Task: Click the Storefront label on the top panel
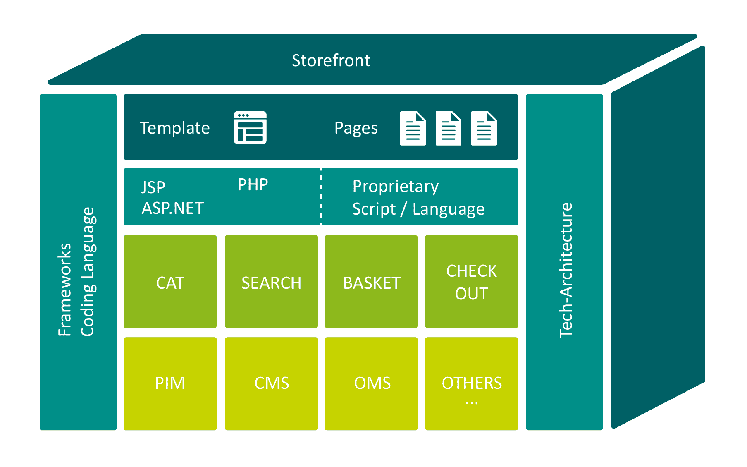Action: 331,60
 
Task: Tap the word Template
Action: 175,128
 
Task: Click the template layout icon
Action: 250,127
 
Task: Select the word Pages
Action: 356,128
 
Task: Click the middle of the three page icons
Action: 449,128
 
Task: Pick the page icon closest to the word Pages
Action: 413,128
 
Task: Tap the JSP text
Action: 153,187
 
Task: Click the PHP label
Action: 253,184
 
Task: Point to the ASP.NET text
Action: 173,208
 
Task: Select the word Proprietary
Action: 396,187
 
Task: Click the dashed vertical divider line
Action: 321,196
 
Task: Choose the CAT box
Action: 170,282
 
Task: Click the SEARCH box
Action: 272,282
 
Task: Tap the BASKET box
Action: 371,282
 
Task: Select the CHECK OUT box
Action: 472,282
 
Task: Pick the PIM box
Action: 170,384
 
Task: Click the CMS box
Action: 272,384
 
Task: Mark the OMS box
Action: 371,384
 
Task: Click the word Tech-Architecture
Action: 566,270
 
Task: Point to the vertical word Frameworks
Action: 64,290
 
